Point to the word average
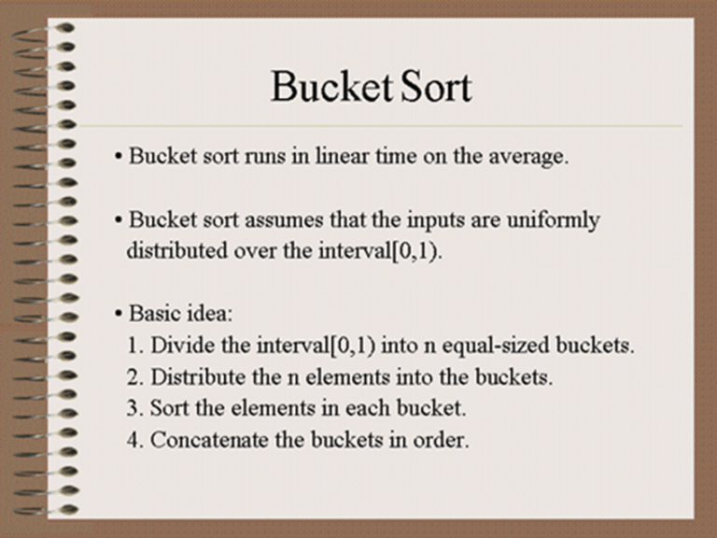528,157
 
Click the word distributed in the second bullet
177,250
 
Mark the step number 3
132,408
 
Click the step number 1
133,346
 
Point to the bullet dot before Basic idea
119,314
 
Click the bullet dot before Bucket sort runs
119,157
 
